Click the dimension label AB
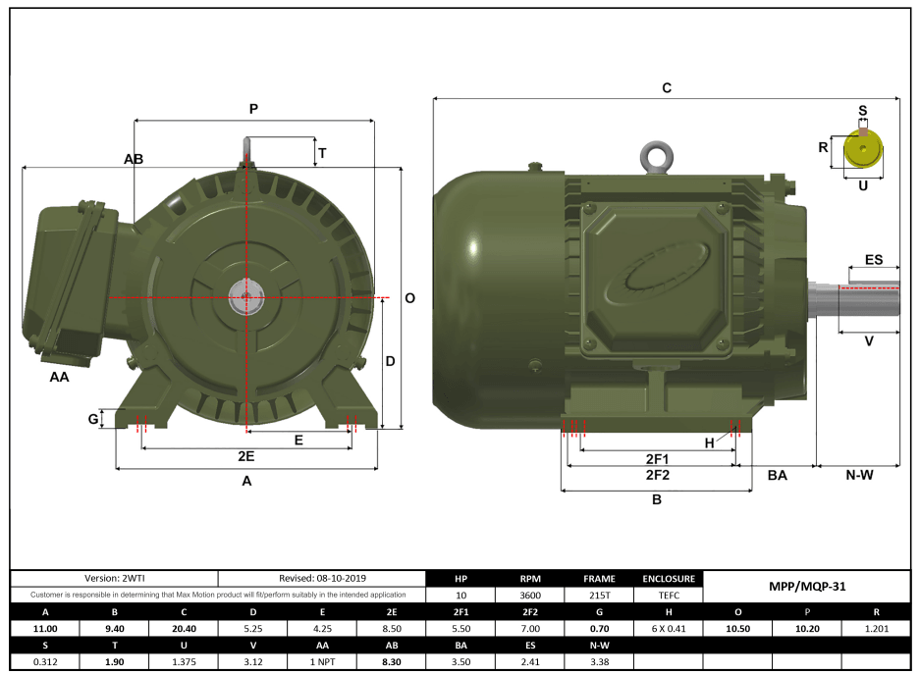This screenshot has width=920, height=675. (x=134, y=159)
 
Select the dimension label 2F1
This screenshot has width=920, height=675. (x=657, y=459)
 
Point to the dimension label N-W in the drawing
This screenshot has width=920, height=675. (x=859, y=475)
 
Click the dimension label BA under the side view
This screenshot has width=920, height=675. (x=777, y=475)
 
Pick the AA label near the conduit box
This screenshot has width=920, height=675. (x=59, y=376)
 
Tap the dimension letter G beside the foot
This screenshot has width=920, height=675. (x=93, y=419)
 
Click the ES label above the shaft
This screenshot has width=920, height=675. (x=873, y=260)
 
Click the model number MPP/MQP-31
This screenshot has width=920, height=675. (x=806, y=587)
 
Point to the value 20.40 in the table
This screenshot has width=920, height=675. (x=183, y=628)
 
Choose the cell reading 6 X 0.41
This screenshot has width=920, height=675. (x=669, y=628)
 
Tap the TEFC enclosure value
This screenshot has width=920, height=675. (x=669, y=596)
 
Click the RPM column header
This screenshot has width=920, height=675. (x=530, y=579)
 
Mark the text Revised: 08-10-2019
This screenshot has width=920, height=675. (x=322, y=579)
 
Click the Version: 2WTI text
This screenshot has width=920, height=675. (x=114, y=579)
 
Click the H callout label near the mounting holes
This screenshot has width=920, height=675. (x=709, y=442)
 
